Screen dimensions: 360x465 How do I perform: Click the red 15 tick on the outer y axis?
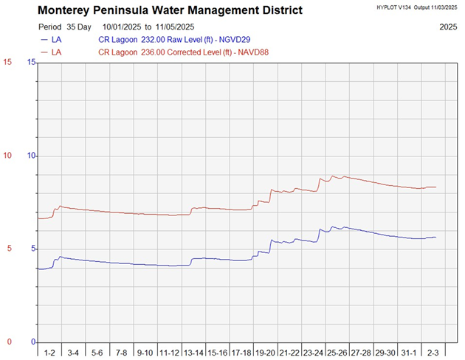tap(7, 63)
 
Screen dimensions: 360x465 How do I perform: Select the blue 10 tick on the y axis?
tap(32, 156)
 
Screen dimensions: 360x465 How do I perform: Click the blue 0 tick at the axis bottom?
tap(33, 342)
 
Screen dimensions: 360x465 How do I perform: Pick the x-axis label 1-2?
tap(49, 353)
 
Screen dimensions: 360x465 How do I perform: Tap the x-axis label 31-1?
tap(410, 353)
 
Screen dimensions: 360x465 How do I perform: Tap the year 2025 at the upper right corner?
tap(447, 26)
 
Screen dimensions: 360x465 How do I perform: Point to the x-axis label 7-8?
tap(122, 353)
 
